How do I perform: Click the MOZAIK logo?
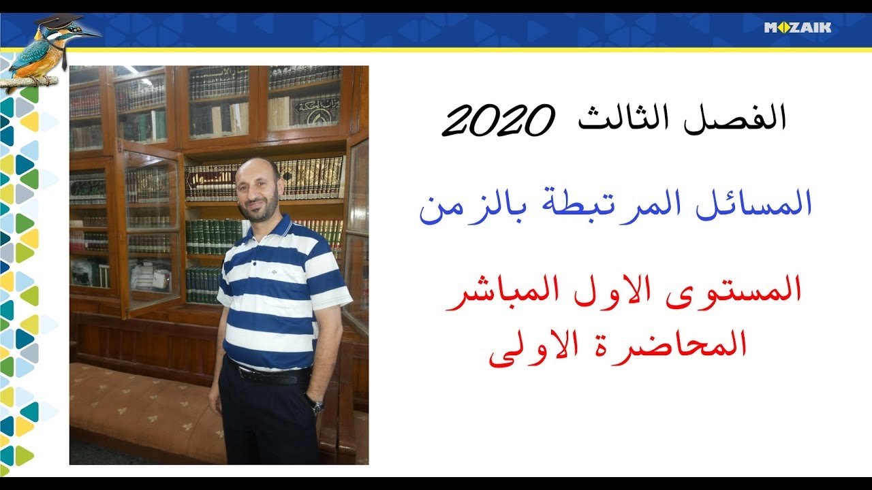pos(797,28)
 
